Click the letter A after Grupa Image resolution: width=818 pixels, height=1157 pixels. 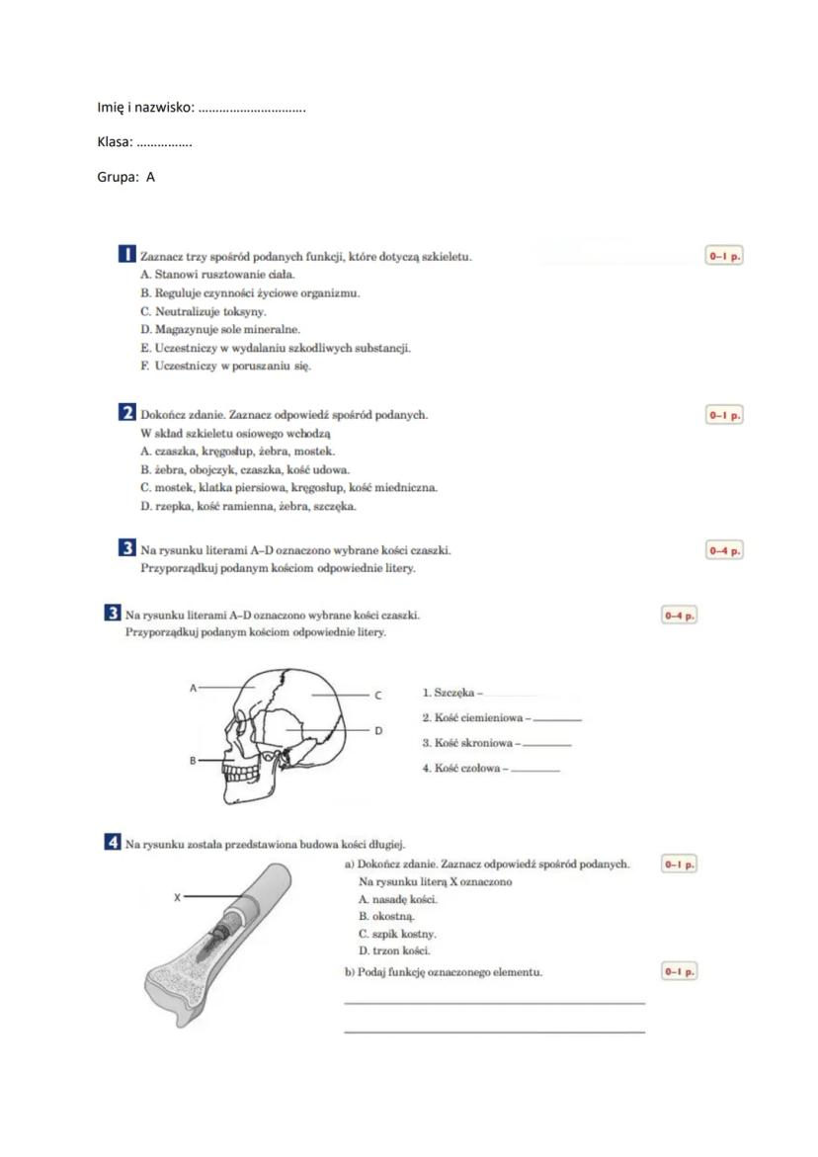point(151,178)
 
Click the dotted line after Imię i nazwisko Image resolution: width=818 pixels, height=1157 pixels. point(252,108)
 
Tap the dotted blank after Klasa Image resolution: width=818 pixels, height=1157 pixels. point(164,143)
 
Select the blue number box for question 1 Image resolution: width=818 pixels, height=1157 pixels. point(126,256)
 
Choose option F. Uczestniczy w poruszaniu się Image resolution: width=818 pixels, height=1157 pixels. point(226,366)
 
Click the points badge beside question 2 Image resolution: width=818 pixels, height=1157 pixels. point(723,415)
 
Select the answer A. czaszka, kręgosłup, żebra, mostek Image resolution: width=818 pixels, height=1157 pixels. point(238,452)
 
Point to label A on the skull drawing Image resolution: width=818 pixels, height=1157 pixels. point(194,685)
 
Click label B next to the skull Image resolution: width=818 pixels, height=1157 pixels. point(194,761)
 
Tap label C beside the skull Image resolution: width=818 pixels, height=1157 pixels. point(377,696)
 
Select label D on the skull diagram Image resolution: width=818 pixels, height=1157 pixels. point(377,730)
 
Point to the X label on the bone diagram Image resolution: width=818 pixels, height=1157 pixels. point(177,897)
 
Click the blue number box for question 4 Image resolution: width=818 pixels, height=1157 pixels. point(113,843)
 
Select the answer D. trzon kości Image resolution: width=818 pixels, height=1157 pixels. point(380,950)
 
